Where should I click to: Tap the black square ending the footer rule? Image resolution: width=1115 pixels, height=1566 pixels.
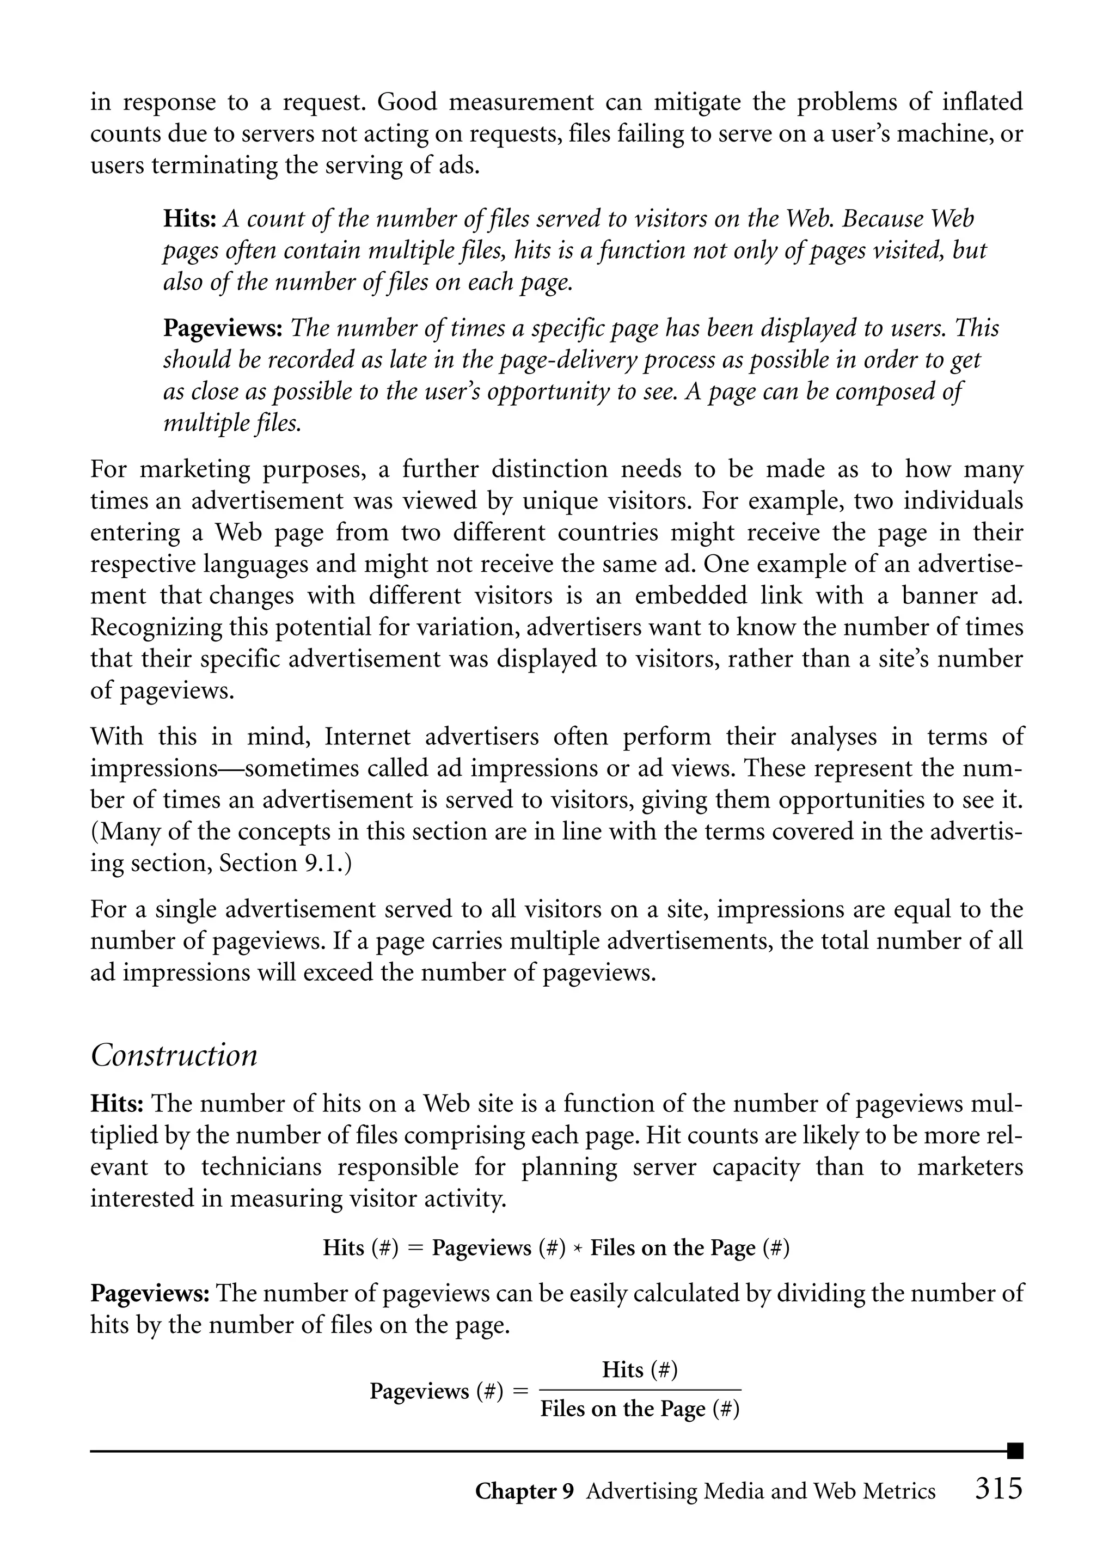click(x=1015, y=1451)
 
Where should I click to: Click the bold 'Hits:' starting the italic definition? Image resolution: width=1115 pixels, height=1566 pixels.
click(x=190, y=219)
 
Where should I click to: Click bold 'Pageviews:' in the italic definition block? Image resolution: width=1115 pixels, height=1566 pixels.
click(x=223, y=328)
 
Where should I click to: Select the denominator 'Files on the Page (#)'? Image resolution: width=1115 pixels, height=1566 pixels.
click(x=640, y=1409)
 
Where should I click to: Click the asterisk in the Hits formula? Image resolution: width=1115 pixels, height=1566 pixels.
click(x=578, y=1248)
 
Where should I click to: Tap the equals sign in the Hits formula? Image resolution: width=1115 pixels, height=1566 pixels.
click(x=415, y=1248)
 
